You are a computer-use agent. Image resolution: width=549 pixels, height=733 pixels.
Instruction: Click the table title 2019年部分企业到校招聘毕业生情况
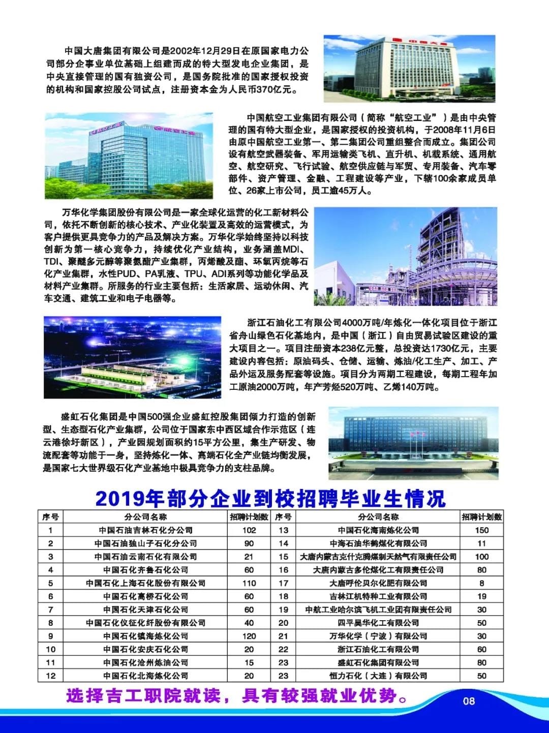(270, 498)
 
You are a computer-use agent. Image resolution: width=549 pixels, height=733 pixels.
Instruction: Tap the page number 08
(469, 701)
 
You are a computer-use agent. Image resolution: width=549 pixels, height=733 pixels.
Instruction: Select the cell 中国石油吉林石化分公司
(145, 530)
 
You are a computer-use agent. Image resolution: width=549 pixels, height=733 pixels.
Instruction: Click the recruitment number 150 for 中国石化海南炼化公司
(481, 530)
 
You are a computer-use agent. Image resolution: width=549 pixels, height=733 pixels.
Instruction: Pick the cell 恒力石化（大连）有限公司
(378, 676)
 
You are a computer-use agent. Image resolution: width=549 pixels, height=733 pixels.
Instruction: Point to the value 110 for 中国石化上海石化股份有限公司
(249, 583)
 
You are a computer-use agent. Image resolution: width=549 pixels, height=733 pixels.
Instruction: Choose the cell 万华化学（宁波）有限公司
(378, 636)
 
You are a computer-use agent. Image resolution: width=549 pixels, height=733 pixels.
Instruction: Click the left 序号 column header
(50, 517)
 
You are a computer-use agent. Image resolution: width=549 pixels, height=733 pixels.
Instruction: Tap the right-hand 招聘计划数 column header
(481, 517)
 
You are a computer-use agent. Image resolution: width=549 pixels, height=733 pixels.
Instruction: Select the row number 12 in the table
(50, 676)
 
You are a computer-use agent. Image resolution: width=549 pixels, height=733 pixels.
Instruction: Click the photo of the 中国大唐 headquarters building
(409, 68)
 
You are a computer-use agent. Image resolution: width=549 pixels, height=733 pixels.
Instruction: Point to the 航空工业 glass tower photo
(129, 155)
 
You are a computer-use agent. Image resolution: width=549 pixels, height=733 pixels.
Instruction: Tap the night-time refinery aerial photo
(132, 357)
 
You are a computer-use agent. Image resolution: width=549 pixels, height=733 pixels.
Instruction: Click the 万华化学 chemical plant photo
(405, 256)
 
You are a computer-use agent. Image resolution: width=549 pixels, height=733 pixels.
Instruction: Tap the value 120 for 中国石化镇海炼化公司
(249, 636)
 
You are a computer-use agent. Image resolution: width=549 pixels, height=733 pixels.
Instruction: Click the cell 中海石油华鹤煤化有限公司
(378, 543)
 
